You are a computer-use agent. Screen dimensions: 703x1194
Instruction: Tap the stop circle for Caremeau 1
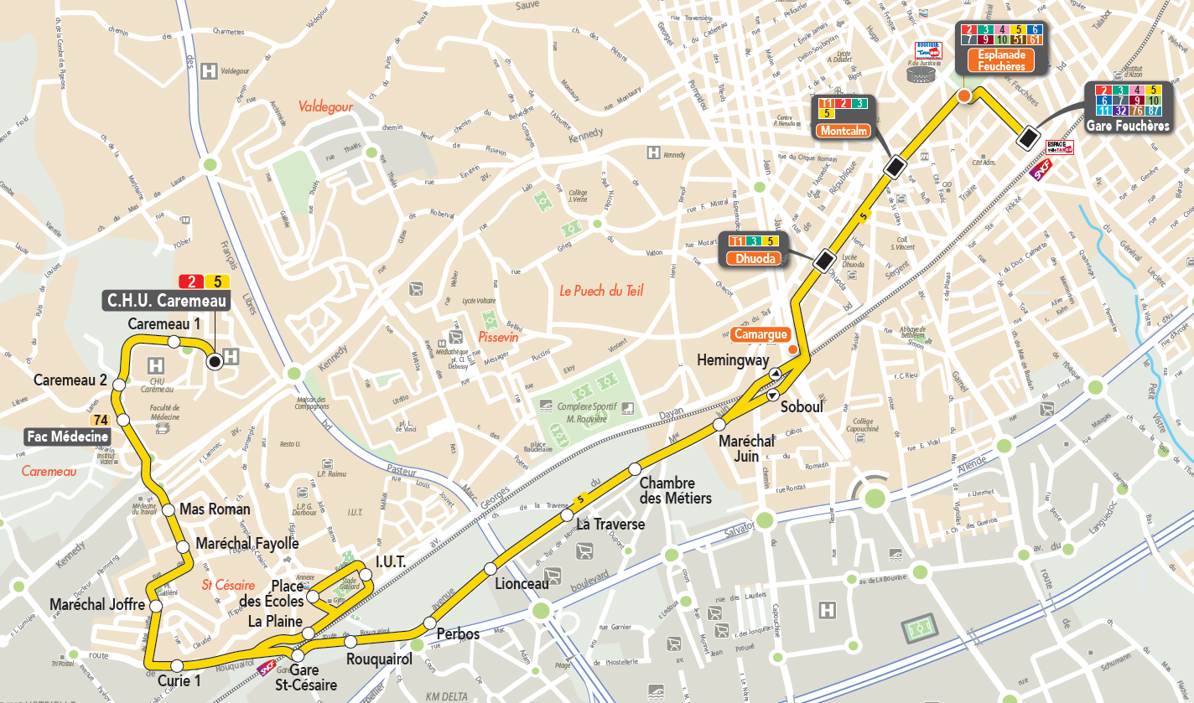click(x=174, y=341)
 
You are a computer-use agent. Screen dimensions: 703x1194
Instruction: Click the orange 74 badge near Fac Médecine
click(x=101, y=421)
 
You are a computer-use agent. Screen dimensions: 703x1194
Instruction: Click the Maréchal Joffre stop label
click(x=96, y=604)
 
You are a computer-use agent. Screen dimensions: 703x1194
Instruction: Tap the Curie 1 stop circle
click(x=177, y=666)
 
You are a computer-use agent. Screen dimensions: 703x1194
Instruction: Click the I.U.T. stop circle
click(x=365, y=574)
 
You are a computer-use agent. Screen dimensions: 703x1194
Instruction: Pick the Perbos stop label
click(x=458, y=634)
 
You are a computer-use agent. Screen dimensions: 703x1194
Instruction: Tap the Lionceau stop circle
click(x=491, y=570)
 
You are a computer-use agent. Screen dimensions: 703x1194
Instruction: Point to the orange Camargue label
click(x=761, y=334)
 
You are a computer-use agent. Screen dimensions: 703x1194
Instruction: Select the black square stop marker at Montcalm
click(x=895, y=168)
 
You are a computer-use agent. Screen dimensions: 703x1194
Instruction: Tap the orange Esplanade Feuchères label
click(x=1002, y=60)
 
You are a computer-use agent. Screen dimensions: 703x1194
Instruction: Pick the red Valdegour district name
click(x=324, y=107)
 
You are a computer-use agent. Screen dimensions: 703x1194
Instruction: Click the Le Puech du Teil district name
click(x=601, y=291)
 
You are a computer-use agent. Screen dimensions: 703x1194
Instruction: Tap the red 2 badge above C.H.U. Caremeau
click(x=191, y=282)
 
